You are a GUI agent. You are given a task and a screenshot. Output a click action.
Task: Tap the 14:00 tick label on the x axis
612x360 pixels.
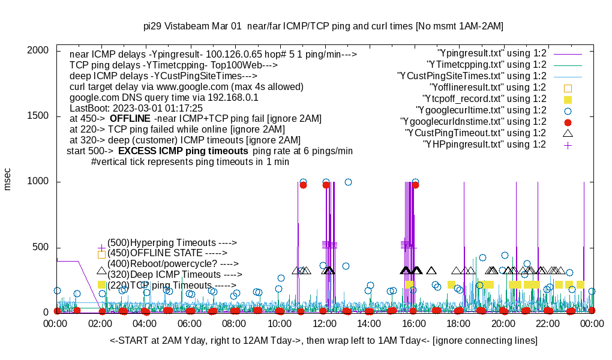[368, 323]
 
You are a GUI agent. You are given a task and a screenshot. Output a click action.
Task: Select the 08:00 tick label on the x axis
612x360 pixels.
[235, 323]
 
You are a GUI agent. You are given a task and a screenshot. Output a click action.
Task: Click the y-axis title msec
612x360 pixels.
[8, 178]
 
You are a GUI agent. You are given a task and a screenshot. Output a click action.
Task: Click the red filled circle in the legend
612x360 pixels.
[568, 122]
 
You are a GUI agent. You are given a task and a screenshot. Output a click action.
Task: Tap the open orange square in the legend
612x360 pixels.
[568, 88]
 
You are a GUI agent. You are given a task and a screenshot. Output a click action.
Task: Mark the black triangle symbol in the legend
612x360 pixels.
[568, 133]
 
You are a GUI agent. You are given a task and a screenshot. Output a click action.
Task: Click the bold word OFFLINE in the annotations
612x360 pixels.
[130, 119]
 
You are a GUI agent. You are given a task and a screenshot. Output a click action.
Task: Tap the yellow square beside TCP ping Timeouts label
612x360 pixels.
[101, 285]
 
